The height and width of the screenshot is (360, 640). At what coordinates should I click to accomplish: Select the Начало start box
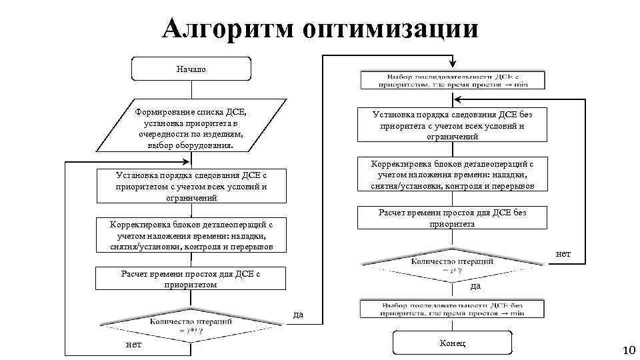coord(191,69)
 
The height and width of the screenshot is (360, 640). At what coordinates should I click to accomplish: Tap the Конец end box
coord(453,343)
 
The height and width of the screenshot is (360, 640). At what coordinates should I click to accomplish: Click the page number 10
coord(629,351)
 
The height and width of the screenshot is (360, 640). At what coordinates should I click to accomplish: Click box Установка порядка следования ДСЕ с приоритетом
coord(191,187)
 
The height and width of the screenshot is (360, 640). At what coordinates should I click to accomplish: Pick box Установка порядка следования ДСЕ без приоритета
coord(453,125)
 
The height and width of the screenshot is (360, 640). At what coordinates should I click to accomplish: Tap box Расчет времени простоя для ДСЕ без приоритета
coord(453,218)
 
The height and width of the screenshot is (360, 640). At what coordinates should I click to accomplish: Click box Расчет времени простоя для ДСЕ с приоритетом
coord(191,279)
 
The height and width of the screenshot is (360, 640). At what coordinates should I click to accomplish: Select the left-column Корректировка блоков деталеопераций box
coord(191,235)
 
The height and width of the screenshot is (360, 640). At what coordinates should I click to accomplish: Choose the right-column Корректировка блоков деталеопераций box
coord(453,175)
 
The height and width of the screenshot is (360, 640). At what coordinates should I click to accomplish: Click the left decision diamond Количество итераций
coord(191,325)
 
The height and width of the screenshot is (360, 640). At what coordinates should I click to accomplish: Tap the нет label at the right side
coord(563,254)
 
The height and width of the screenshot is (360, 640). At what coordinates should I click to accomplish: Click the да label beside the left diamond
coord(299,314)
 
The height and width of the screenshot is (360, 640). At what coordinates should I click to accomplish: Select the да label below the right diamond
coord(475,287)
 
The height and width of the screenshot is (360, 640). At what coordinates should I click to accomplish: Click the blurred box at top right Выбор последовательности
coord(453,80)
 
